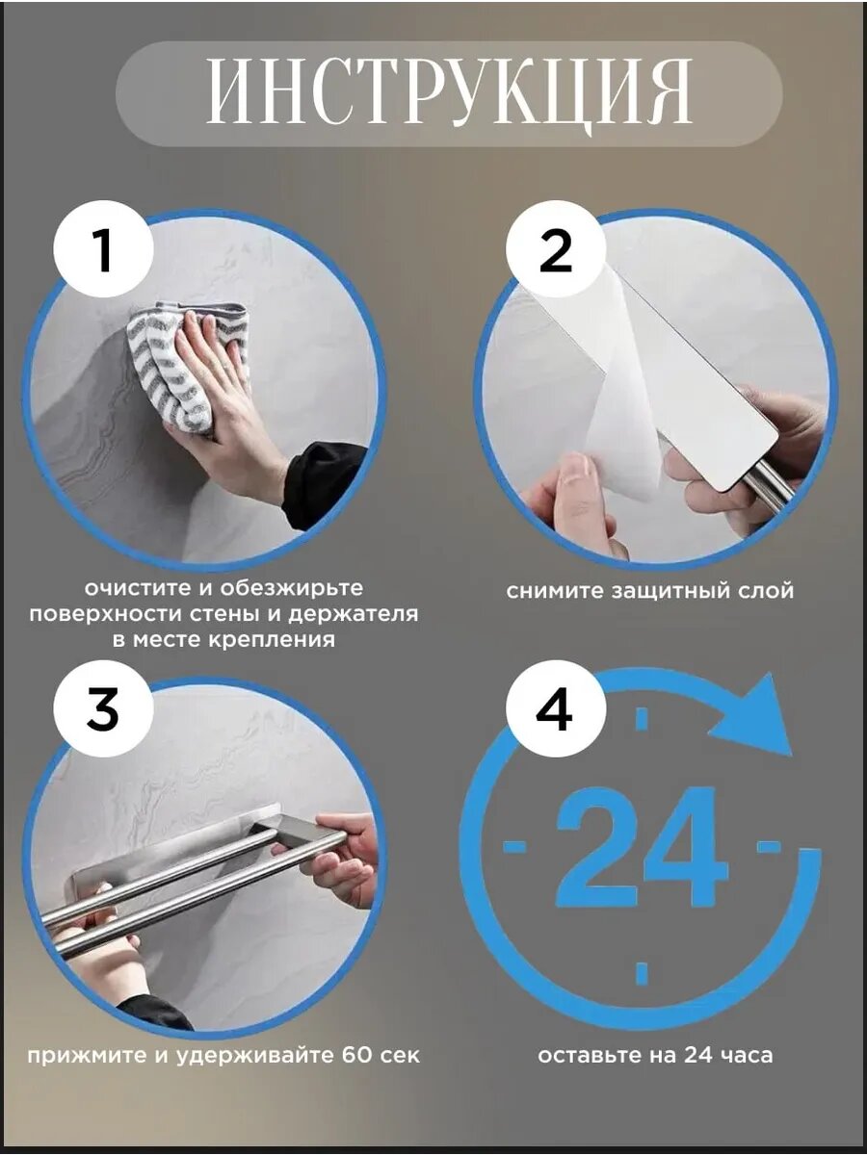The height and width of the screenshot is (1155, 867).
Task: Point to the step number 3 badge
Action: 104,707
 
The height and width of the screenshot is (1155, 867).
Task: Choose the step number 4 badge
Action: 556,707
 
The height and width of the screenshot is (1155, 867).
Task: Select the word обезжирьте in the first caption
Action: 291,589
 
